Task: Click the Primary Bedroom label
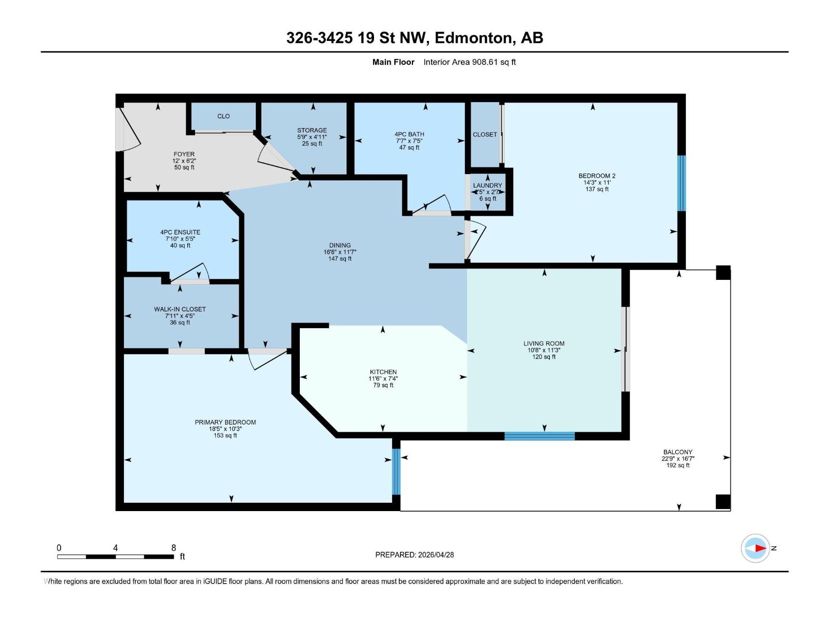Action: (225, 422)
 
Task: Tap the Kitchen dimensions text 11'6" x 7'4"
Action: (383, 378)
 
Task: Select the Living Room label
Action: (544, 343)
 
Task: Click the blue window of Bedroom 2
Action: (682, 183)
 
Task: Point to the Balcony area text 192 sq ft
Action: (677, 465)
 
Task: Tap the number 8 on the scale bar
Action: (174, 547)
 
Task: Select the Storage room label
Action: (312, 130)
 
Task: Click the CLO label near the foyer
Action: (223, 116)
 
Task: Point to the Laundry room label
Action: (487, 185)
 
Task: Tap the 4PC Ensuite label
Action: (180, 232)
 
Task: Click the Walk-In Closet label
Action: (179, 309)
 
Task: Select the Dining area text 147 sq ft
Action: (340, 259)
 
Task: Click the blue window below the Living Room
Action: (539, 436)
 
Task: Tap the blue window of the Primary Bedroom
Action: (396, 472)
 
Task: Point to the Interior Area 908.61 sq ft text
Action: (469, 62)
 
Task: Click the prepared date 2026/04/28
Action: (435, 555)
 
